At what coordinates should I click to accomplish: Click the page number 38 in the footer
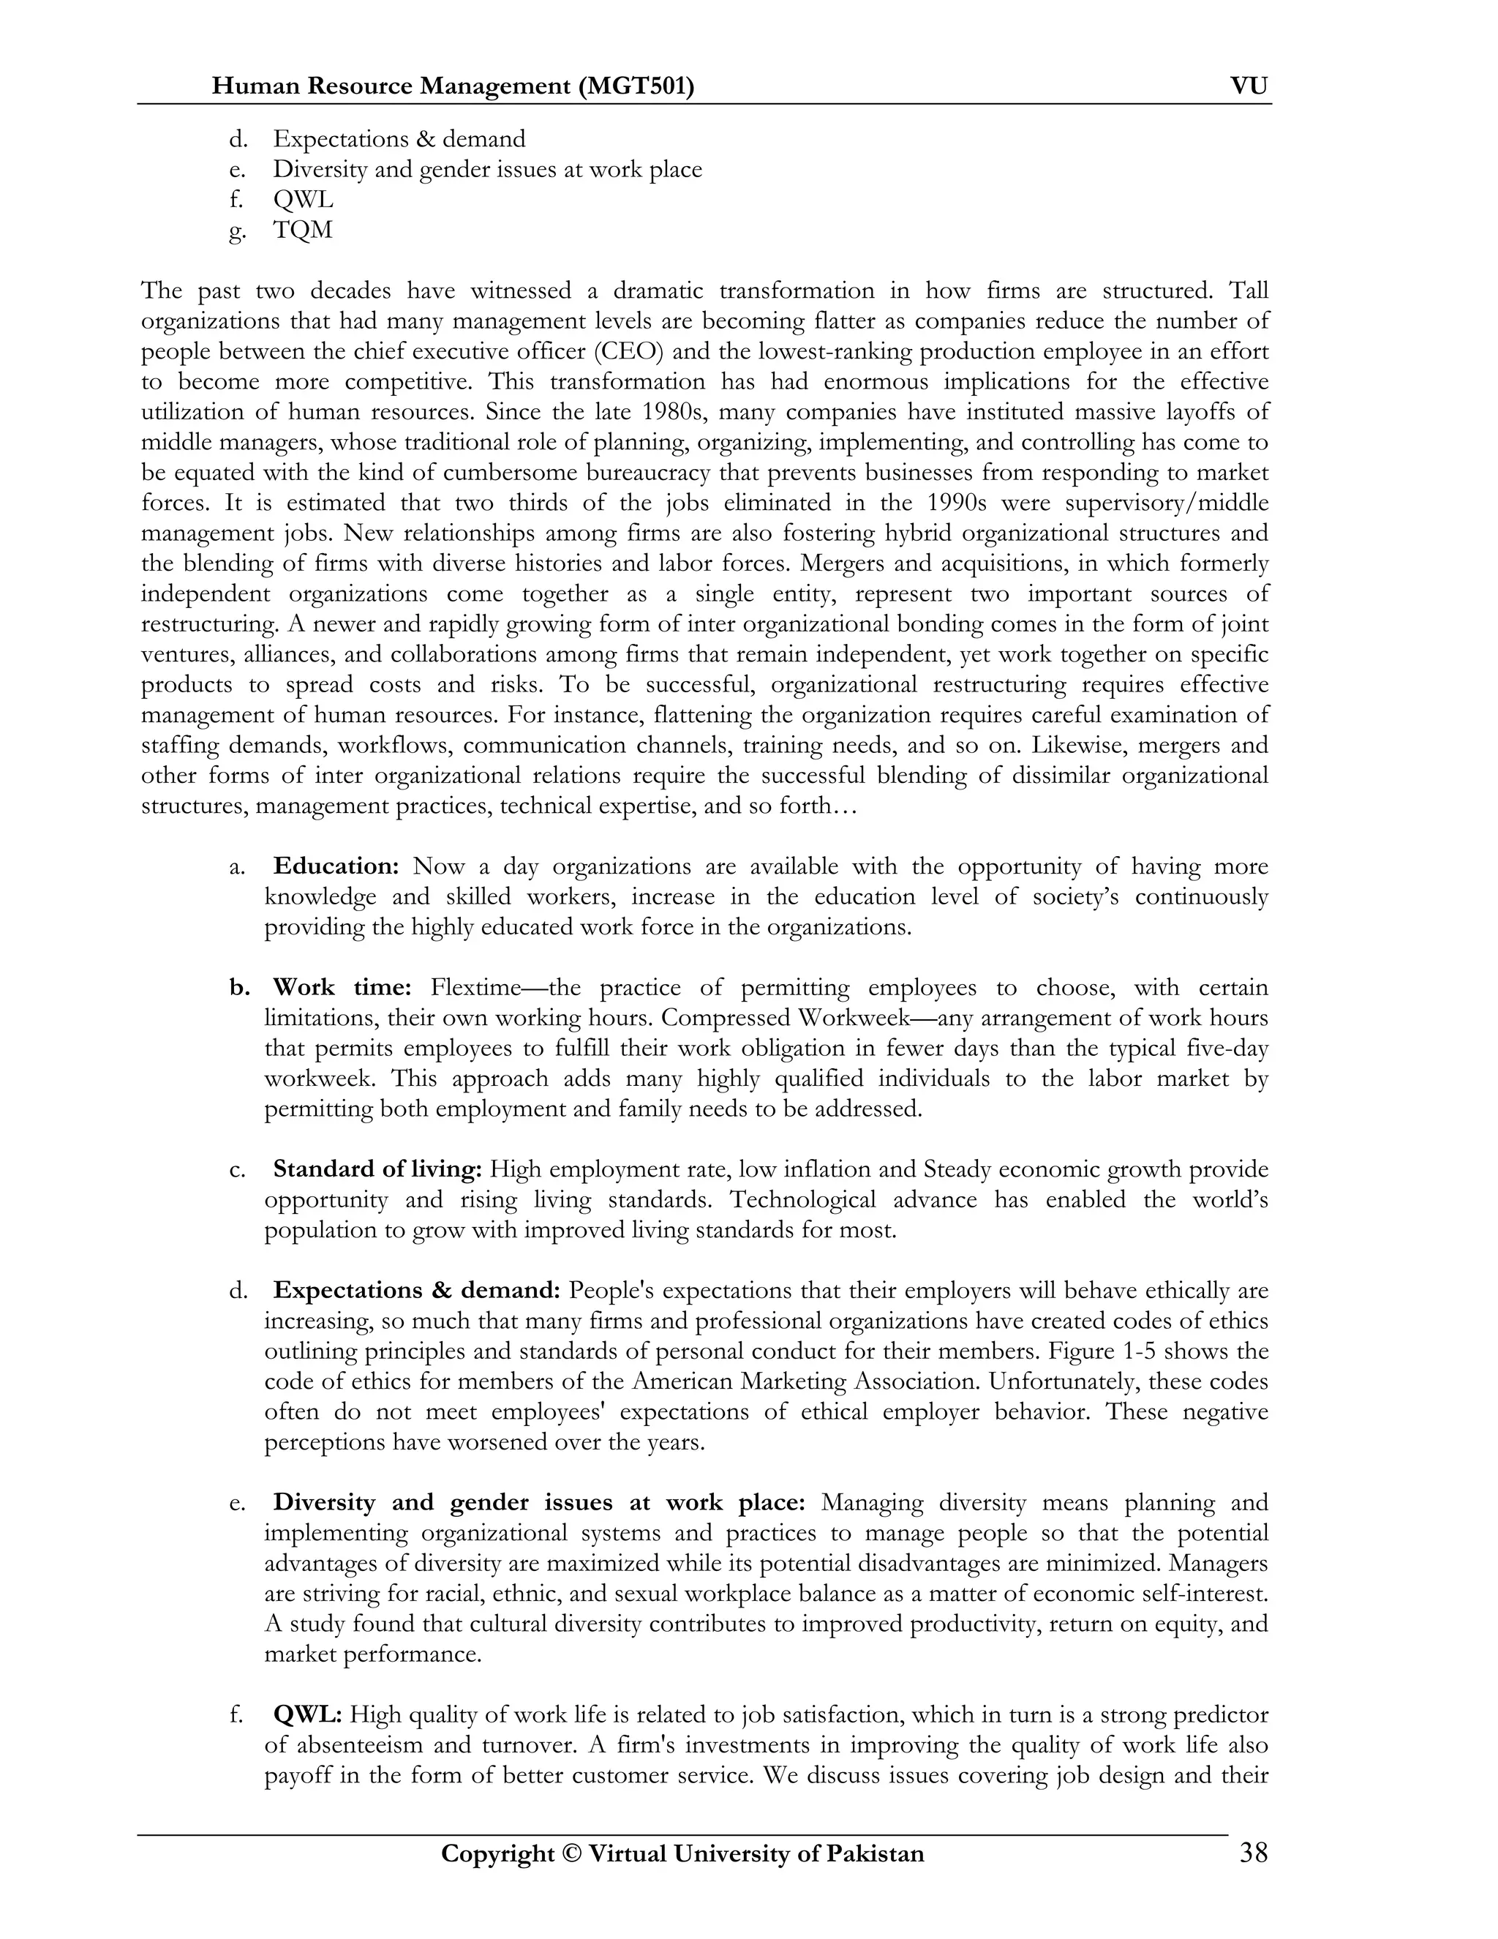pos(1253,1853)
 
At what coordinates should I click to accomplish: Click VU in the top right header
pos(1249,86)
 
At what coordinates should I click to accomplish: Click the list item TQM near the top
pos(303,230)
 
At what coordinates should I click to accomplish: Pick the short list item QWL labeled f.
pos(303,200)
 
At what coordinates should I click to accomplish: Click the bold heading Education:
pos(336,866)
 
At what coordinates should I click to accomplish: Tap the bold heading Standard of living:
pos(377,1169)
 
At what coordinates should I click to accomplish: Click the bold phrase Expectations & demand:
pos(416,1290)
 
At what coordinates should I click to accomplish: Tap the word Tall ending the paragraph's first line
pos(1249,291)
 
